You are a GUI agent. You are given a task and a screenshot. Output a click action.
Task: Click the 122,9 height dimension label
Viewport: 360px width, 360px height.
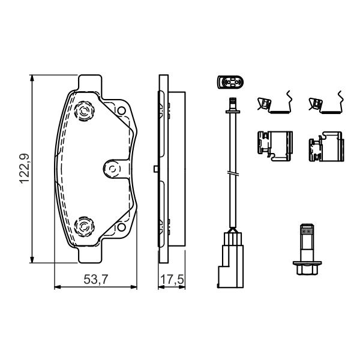coord(25,169)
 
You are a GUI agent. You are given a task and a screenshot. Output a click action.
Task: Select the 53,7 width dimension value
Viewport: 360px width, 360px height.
coord(96,280)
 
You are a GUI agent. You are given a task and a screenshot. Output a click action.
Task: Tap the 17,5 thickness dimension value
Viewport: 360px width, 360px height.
coord(172,280)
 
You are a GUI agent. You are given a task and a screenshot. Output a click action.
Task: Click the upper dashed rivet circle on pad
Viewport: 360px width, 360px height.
coord(85,111)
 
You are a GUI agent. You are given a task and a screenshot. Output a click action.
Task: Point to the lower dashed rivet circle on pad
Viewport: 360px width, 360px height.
coord(85,226)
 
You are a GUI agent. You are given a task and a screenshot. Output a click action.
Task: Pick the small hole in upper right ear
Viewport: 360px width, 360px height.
coord(121,111)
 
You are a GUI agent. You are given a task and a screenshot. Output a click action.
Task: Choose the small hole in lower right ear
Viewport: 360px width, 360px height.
coord(121,227)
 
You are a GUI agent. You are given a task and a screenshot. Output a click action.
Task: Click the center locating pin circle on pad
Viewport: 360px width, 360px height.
coord(112,169)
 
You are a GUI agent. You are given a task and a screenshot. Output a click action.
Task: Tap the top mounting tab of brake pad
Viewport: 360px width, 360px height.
coord(90,83)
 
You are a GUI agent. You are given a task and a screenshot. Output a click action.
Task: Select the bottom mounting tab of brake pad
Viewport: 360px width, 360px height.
coord(90,255)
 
